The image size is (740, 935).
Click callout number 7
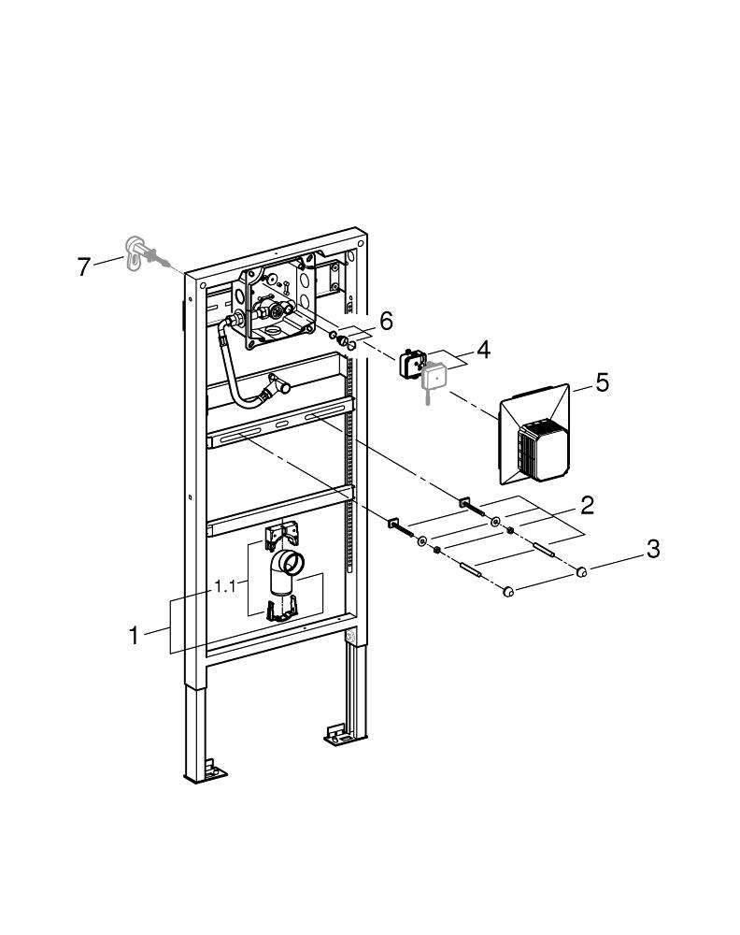pos(84,266)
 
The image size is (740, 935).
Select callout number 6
pos(386,321)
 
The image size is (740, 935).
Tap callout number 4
pos(483,351)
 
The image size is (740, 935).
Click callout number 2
pos(587,506)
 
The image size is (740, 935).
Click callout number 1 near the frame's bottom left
pos(135,635)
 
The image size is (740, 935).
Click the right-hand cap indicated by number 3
pos(581,571)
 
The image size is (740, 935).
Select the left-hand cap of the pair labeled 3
pos(510,591)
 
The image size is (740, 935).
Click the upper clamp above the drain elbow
pos(280,534)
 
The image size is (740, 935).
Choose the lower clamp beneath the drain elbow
pos(280,609)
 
